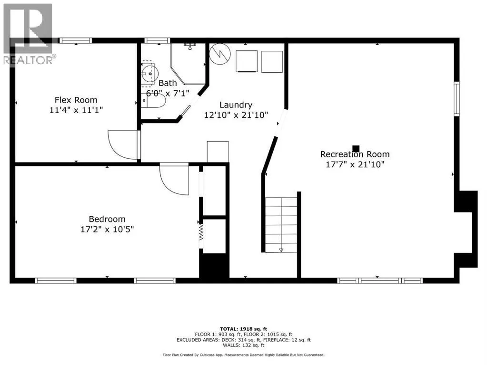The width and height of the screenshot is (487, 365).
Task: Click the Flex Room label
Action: (x=76, y=100)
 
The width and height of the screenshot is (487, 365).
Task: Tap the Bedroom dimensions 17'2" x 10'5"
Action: (x=107, y=229)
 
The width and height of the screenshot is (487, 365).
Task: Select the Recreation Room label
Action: (x=355, y=154)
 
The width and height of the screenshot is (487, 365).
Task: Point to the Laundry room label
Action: (x=236, y=105)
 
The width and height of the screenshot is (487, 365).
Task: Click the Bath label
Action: (x=168, y=83)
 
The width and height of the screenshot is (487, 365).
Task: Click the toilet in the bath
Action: (x=153, y=100)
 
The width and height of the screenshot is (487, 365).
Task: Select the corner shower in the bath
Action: (x=188, y=64)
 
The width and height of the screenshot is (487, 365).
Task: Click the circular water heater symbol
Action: (x=220, y=54)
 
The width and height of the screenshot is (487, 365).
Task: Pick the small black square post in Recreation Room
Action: (x=356, y=149)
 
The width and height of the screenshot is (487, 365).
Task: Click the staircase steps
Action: (x=281, y=224)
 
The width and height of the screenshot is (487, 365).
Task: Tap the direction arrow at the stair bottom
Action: (x=281, y=250)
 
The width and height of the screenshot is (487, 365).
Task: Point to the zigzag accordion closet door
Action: (x=201, y=231)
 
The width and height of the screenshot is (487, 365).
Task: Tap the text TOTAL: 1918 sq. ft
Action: (x=244, y=329)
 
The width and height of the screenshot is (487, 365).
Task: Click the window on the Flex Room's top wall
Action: (x=76, y=40)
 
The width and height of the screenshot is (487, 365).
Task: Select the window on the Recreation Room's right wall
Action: (x=456, y=98)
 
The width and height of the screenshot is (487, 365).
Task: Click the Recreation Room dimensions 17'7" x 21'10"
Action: (x=355, y=164)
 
